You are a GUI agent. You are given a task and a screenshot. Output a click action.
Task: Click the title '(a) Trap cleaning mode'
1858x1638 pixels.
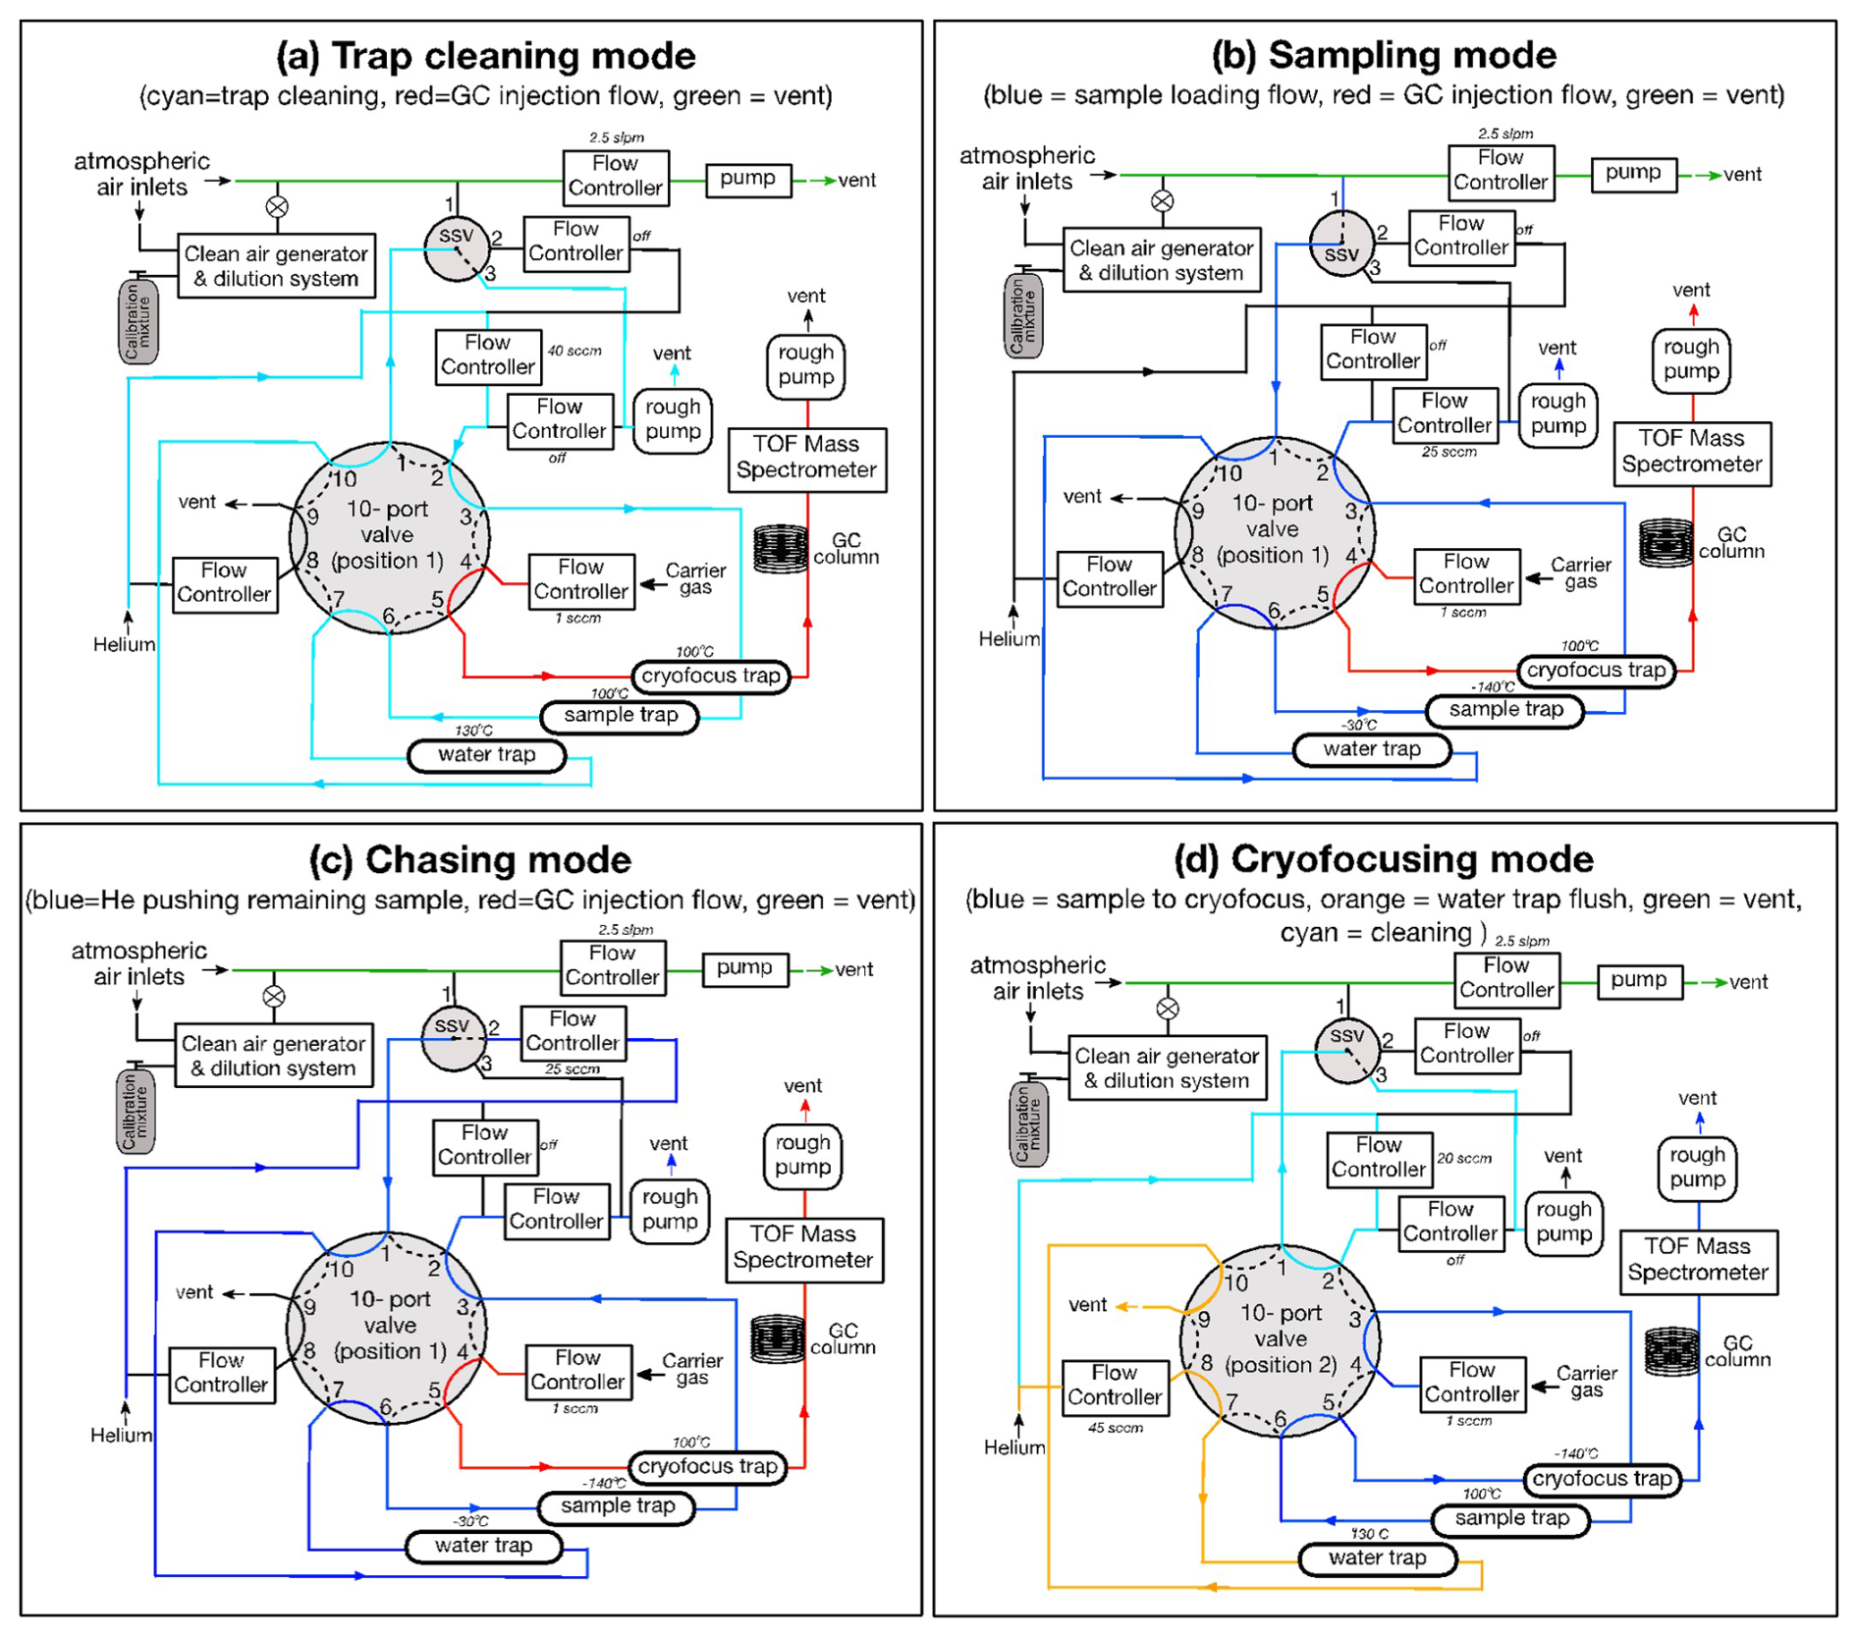[x=485, y=56]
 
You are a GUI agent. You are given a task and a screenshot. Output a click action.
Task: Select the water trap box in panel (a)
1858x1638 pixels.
[x=486, y=755]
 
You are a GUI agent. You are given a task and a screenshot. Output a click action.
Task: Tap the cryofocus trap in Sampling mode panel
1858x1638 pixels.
[x=1596, y=671]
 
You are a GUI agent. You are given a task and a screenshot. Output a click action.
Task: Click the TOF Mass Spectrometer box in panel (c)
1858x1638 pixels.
[x=803, y=1248]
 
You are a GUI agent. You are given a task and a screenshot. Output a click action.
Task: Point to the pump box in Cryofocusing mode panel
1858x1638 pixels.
[x=1639, y=980]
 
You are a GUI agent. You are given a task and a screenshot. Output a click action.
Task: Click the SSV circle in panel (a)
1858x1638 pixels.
[x=456, y=248]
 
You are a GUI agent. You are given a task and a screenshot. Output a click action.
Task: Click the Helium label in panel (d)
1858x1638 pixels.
[x=1013, y=1447]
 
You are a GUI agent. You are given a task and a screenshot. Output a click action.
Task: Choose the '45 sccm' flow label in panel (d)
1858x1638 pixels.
[x=1115, y=1428]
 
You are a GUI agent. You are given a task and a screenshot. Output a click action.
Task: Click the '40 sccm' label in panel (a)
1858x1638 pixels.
[x=574, y=351]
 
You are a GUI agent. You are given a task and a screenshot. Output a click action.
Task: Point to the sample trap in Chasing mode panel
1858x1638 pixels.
[x=617, y=1506]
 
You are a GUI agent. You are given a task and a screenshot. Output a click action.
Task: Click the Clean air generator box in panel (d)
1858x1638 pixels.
[x=1167, y=1068]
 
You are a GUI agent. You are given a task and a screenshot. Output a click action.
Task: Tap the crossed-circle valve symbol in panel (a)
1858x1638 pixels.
[x=277, y=207]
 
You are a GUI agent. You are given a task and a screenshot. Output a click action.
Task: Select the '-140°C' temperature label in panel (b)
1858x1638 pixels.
[x=1492, y=687]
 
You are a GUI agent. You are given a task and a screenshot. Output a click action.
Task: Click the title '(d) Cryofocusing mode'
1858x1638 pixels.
[x=1383, y=859]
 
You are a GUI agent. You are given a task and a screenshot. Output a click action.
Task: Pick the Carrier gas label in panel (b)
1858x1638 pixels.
[x=1580, y=573]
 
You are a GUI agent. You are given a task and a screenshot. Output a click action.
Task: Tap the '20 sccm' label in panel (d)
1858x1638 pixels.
[x=1464, y=1159]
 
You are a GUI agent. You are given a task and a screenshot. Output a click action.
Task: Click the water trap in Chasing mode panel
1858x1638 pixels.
[x=484, y=1546]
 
